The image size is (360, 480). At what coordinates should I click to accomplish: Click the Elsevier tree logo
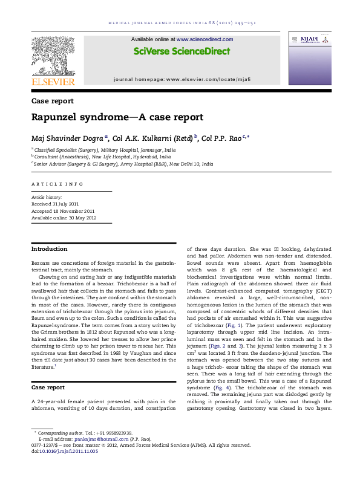coord(53,55)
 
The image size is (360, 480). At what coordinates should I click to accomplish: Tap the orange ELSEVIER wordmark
coord(53,82)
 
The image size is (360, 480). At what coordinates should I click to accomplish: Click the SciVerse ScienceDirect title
coord(182,51)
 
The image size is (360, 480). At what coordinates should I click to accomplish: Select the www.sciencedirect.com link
coord(204,39)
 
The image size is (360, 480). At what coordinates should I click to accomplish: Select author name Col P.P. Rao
coord(220,138)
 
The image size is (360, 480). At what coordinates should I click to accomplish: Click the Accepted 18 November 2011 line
coord(63,211)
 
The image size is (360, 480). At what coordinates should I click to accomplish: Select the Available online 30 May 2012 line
coord(63,218)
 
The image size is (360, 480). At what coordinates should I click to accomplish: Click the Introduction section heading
coord(50,249)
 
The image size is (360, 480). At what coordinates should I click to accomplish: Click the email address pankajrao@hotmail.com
coord(94,439)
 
